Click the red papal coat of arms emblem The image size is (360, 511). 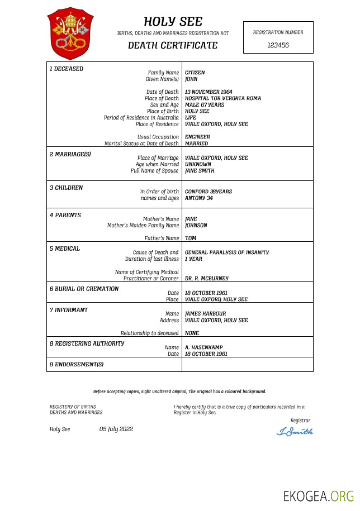pos(70,34)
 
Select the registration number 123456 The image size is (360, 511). pos(278,45)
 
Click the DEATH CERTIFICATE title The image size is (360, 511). pos(173,46)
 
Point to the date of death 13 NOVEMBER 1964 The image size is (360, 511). pos(209,92)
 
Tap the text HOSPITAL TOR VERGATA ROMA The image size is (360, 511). pos(222,98)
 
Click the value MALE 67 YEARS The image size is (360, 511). pos(204,105)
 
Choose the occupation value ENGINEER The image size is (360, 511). pos(197,137)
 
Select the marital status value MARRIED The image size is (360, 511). pos(196,144)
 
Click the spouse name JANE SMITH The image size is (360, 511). pos(200,171)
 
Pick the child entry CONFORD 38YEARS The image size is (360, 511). pos(208,192)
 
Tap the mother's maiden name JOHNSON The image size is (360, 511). pos(196,226)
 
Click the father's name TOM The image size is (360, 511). pos(190,238)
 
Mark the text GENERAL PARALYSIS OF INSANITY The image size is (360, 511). pos(226,252)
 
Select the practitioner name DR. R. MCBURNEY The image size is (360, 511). pos(206,278)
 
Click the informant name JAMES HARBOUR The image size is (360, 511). pos(205,314)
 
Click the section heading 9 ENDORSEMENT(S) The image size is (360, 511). pos(76,365)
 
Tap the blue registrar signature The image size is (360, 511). pos(295,431)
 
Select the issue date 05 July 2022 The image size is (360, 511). pos(116,429)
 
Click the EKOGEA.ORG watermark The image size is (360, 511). pos(319,496)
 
